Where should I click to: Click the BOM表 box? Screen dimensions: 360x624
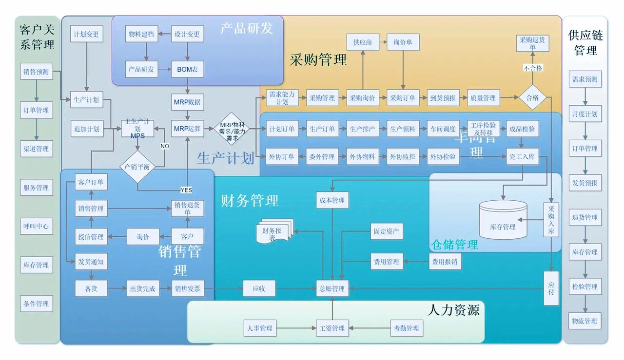tap(188, 69)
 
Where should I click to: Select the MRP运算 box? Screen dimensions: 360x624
tap(188, 129)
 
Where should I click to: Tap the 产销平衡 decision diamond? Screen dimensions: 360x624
tap(137, 167)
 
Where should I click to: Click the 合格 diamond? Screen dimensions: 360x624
tap(532, 98)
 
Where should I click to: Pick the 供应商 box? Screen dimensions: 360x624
tap(363, 42)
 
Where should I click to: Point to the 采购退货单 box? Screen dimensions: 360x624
tap(532, 43)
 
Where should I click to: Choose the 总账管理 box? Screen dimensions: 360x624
tap(332, 288)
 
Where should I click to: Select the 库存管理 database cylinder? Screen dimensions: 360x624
tap(503, 221)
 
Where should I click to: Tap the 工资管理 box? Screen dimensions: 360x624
tap(332, 328)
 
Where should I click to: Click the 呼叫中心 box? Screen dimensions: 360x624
tap(36, 226)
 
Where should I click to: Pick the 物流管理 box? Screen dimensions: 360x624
tap(585, 321)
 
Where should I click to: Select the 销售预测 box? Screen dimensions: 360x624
tap(36, 72)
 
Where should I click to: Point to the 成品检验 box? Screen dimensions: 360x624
tap(522, 129)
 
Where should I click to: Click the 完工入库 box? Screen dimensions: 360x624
tap(522, 157)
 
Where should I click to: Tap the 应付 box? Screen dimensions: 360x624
tap(551, 288)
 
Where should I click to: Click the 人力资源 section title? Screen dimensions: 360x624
tap(454, 310)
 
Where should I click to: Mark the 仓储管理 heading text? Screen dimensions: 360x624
tap(455, 245)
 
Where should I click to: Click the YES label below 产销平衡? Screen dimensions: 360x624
tap(186, 190)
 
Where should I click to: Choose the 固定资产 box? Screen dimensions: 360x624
tap(387, 232)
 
